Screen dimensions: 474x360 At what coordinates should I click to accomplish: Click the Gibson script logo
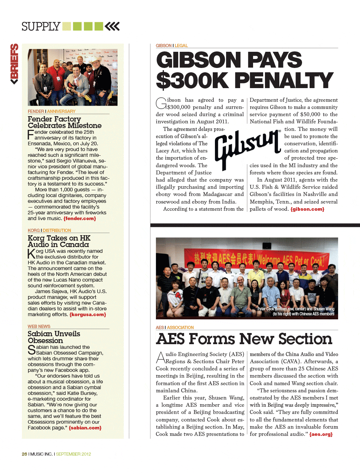pos(247,148)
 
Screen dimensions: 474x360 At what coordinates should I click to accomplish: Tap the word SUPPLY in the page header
pos(41,27)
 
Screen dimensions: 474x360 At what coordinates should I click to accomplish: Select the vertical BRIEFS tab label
pos(14,64)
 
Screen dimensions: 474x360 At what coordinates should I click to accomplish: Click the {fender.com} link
pos(80,218)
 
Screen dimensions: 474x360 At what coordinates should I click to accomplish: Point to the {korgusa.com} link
pos(87,314)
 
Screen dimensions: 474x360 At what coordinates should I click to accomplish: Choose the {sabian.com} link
pos(85,428)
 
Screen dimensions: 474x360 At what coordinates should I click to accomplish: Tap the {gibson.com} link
pos(307,209)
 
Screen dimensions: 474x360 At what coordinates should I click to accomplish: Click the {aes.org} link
pos(321,434)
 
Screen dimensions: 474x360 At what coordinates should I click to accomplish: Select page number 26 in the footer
pos(24,454)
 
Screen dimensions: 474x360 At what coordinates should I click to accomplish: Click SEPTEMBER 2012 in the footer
pos(73,454)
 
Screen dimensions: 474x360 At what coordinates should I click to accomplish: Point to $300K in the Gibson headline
pos(192,80)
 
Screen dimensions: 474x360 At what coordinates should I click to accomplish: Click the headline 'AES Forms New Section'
pos(244,339)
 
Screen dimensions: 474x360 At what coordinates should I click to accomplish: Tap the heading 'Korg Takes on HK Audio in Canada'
pos(59,241)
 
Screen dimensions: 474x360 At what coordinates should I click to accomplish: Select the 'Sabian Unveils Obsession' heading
pos(54,337)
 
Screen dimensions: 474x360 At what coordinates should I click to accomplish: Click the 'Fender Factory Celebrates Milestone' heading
pos(64,122)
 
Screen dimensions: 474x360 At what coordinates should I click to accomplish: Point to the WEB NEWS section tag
pos(39,326)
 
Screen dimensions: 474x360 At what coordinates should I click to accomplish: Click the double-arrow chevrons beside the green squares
pos(112,26)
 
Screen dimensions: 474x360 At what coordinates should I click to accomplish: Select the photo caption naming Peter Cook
pos(296,311)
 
